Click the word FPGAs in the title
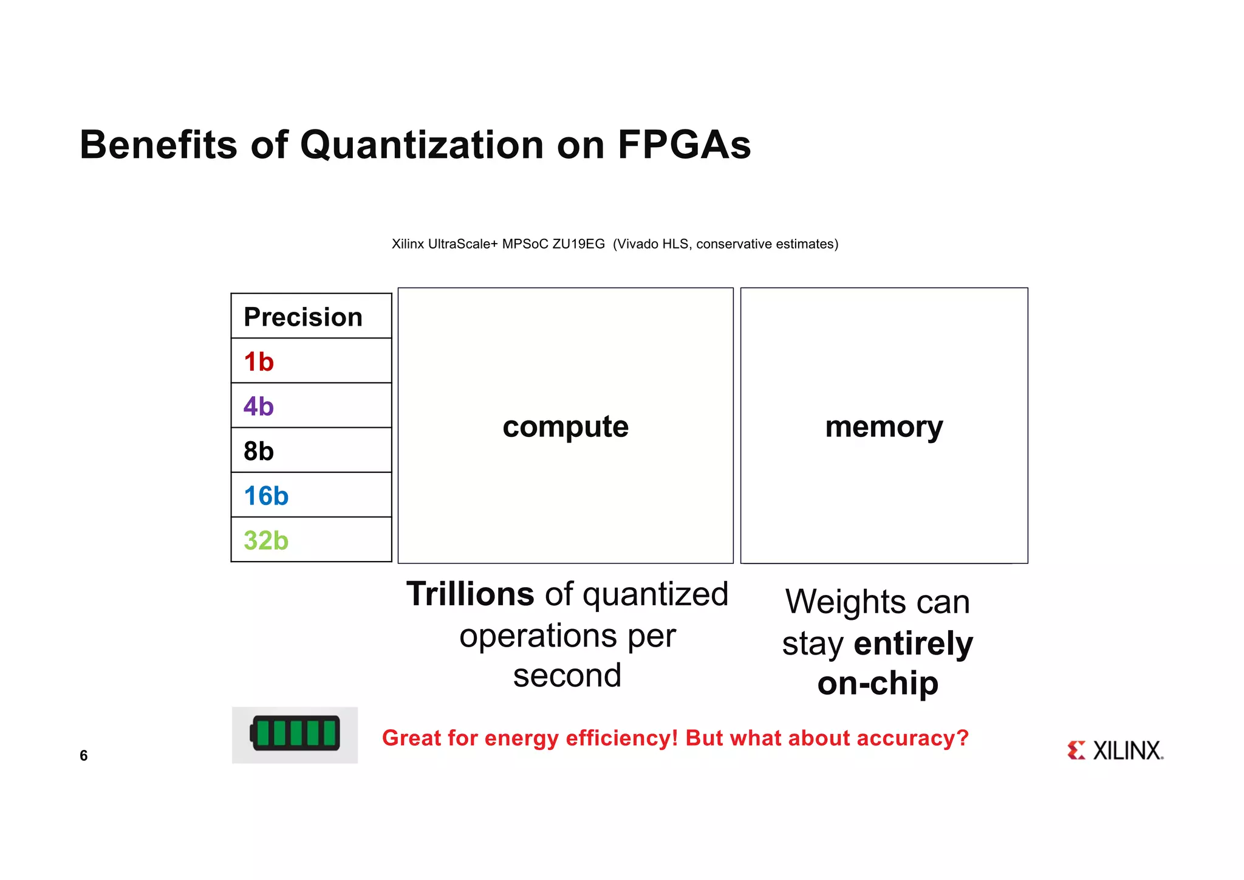pos(684,146)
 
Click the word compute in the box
pos(566,427)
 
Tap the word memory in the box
pos(884,427)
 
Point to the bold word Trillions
pos(470,594)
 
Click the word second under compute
pos(567,676)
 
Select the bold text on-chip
pos(878,684)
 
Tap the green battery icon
pos(295,734)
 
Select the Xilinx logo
pos(1115,751)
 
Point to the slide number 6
pos(84,755)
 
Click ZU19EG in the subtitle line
pos(578,244)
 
